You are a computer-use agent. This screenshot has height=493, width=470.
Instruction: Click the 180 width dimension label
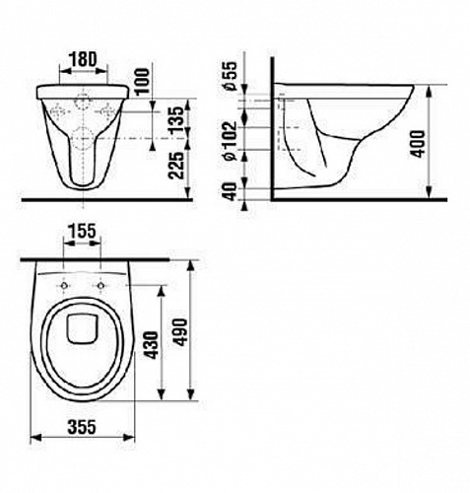(x=83, y=59)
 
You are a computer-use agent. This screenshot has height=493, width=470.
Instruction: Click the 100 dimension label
(x=142, y=81)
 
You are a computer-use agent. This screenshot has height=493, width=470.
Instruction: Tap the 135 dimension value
(x=177, y=119)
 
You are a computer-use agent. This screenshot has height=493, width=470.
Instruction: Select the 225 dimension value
(x=176, y=165)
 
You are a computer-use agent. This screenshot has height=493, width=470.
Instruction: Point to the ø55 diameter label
(x=230, y=75)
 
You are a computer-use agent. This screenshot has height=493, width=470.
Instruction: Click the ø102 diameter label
(x=230, y=141)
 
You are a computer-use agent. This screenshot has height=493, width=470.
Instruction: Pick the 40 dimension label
(x=231, y=191)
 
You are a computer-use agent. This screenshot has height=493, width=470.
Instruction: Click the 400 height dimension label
(x=418, y=144)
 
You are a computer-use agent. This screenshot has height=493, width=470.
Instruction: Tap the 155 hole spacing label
(x=82, y=231)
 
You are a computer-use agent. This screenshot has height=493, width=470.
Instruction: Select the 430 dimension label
(x=152, y=345)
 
